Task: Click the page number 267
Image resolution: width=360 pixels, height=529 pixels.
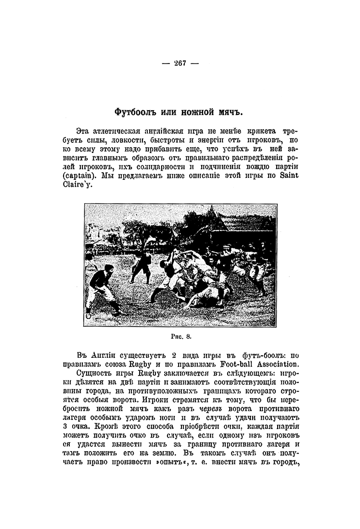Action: point(180,63)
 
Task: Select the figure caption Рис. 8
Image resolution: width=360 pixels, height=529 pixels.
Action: point(180,337)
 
